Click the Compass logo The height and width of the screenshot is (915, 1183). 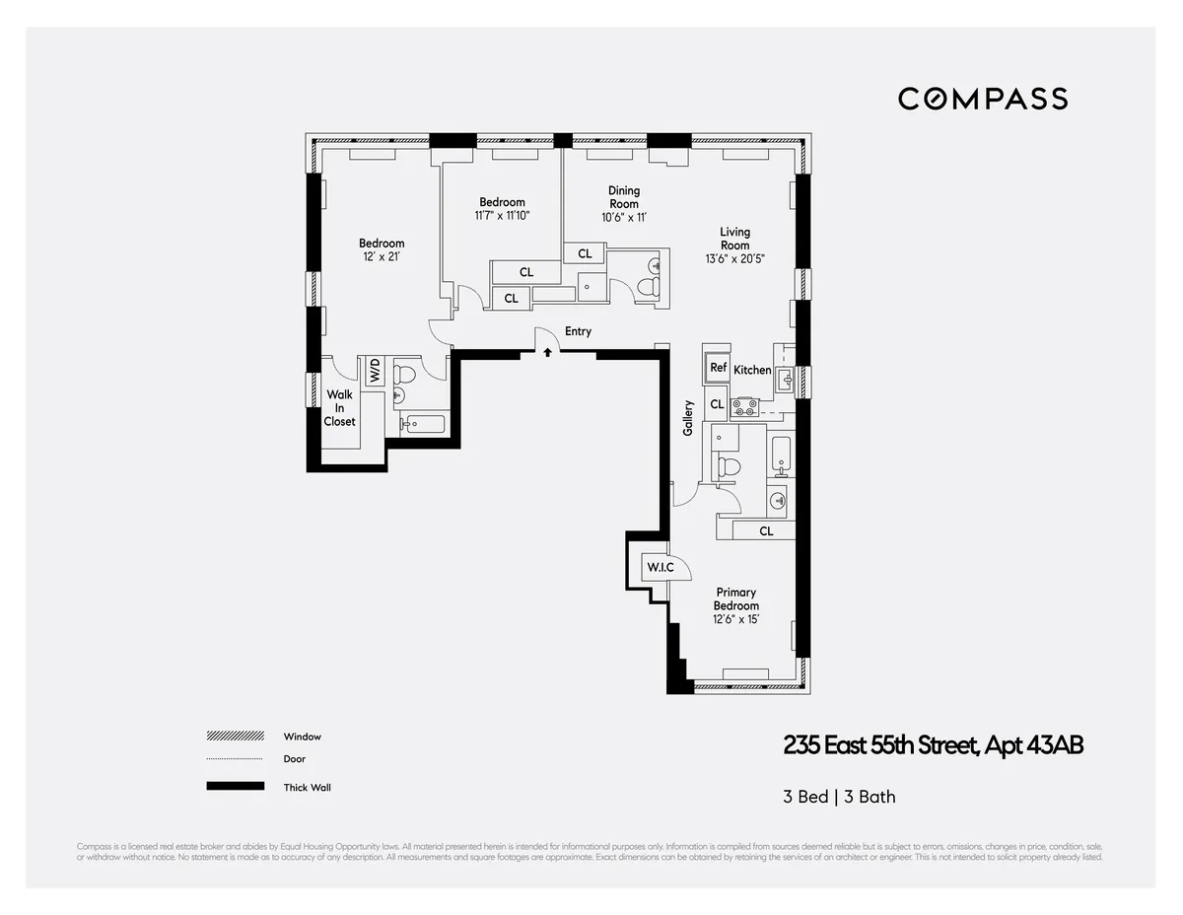coord(982,99)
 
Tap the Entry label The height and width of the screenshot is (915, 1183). coord(578,331)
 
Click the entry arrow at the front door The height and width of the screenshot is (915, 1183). coord(547,352)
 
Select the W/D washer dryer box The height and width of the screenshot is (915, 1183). coord(375,372)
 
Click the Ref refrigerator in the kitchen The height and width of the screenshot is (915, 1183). coord(718,368)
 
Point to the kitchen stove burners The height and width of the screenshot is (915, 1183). coord(744,403)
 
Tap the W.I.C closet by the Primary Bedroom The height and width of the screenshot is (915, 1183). coord(658,568)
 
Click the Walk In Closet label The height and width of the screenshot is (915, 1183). coord(339,408)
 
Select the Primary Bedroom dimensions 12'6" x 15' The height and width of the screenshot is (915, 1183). coord(736,619)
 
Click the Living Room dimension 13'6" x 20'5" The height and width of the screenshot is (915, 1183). coord(734,258)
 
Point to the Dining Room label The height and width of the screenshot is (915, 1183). coord(623,196)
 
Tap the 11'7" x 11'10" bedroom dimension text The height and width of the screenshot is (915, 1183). coord(502,215)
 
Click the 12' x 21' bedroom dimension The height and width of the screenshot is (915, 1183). coord(381,256)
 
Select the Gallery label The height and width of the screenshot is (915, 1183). coord(688,418)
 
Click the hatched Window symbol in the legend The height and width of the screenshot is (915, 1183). coord(235,737)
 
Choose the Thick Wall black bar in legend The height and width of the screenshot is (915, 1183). coord(235,787)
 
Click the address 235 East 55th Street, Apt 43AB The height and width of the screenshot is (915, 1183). coord(933,745)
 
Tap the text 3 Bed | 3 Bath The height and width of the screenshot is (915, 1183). coord(839,797)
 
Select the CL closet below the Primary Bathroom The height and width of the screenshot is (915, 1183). coord(765,530)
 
